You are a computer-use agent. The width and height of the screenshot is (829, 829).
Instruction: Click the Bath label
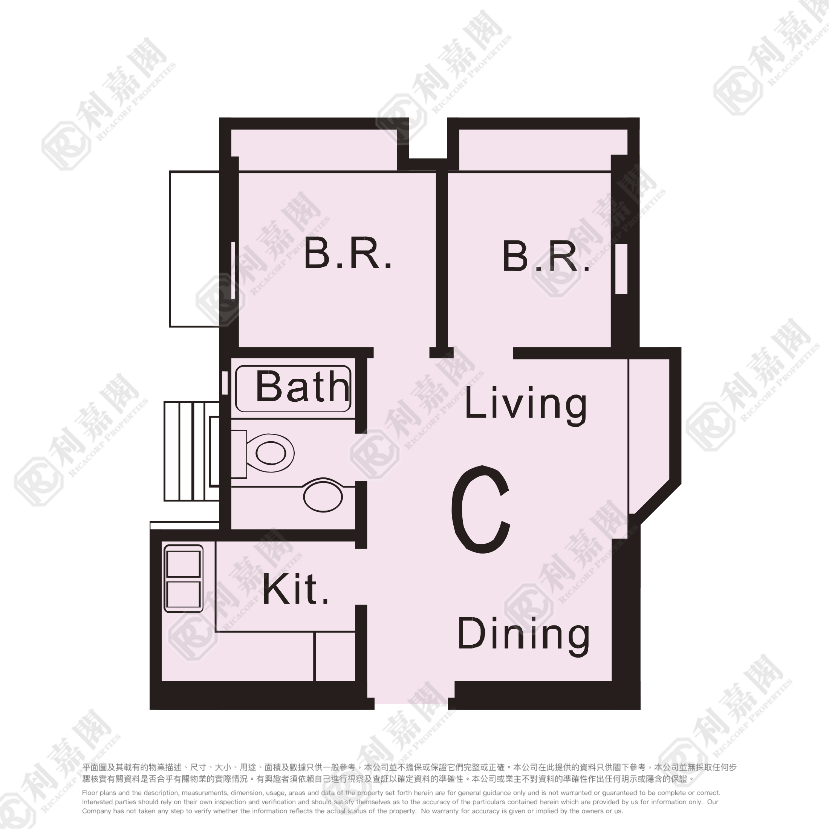[x=302, y=387]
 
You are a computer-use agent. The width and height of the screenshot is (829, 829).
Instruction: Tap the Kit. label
[x=295, y=590]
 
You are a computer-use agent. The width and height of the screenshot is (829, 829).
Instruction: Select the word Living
[x=526, y=404]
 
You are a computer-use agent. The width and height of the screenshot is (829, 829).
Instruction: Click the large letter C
[x=480, y=509]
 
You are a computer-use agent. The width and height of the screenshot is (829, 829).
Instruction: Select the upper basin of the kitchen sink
[x=183, y=564]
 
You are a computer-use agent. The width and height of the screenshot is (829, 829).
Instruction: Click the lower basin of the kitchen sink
[x=183, y=594]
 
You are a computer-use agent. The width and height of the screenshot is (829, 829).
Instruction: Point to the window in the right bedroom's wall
[x=621, y=269]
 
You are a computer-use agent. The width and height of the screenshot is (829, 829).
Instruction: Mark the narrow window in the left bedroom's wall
[x=233, y=270]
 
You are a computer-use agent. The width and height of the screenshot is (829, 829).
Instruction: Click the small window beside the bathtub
[x=225, y=382]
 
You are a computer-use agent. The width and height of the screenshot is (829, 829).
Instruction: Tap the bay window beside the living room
[x=649, y=433]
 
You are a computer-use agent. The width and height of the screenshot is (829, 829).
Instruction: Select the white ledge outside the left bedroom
[x=194, y=249]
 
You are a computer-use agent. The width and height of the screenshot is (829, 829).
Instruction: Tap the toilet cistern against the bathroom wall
[x=239, y=454]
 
